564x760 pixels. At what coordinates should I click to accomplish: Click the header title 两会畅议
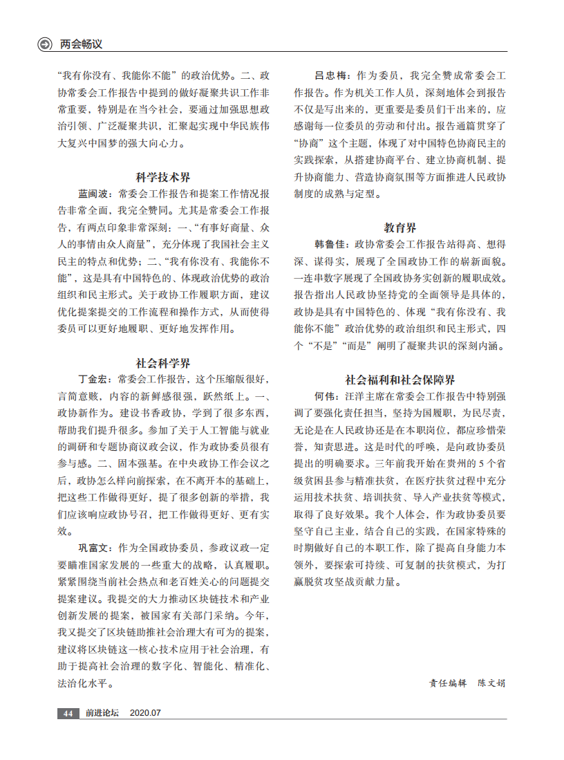(81, 44)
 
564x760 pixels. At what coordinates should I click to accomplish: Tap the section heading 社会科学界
(163, 362)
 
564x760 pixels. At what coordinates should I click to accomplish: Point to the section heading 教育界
(400, 228)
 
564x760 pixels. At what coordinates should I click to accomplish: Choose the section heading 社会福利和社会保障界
(400, 380)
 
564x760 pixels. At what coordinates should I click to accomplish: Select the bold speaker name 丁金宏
(94, 379)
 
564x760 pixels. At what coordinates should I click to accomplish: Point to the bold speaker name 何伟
(326, 396)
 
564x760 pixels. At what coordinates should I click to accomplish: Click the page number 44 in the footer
(68, 713)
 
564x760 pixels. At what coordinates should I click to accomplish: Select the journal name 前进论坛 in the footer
(102, 713)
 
